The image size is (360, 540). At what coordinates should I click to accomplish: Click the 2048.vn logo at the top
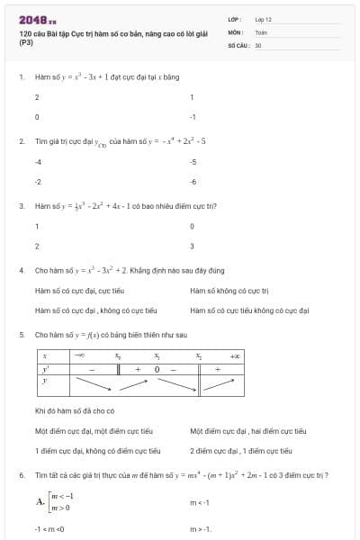(x=37, y=19)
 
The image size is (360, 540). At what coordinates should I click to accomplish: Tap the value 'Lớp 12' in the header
(x=264, y=19)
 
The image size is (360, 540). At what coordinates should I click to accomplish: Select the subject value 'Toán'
(x=261, y=31)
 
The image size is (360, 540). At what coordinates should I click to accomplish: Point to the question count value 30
(x=258, y=44)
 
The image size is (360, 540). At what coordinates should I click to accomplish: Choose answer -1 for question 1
(x=193, y=117)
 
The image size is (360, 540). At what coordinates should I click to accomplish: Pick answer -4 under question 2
(x=38, y=161)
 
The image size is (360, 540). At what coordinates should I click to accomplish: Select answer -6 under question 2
(x=193, y=182)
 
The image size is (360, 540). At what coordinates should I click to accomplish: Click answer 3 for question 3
(x=193, y=246)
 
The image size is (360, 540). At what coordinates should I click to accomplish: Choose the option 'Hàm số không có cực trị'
(x=223, y=290)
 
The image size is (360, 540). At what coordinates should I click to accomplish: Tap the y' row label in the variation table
(x=45, y=369)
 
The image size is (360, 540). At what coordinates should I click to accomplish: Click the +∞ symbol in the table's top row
(x=236, y=356)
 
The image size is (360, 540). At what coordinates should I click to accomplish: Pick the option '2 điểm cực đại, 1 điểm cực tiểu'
(x=240, y=451)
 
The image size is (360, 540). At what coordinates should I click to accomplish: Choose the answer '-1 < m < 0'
(x=49, y=528)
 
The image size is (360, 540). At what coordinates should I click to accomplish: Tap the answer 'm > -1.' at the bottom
(x=201, y=528)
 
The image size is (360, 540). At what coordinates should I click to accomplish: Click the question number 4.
(x=21, y=270)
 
